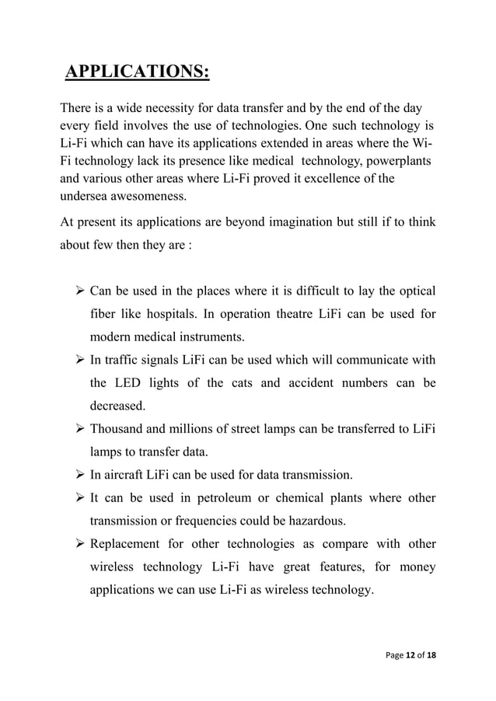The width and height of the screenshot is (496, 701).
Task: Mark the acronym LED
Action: [126, 383]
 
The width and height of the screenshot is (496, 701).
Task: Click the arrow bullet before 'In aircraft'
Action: [80, 474]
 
